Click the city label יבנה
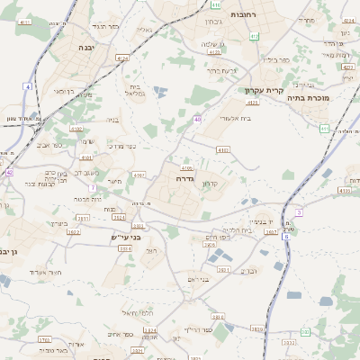click(x=86, y=48)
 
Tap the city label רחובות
click(x=243, y=15)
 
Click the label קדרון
click(x=220, y=183)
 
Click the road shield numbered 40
click(x=196, y=119)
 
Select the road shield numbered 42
click(x=9, y=172)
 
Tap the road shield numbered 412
click(x=255, y=36)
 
